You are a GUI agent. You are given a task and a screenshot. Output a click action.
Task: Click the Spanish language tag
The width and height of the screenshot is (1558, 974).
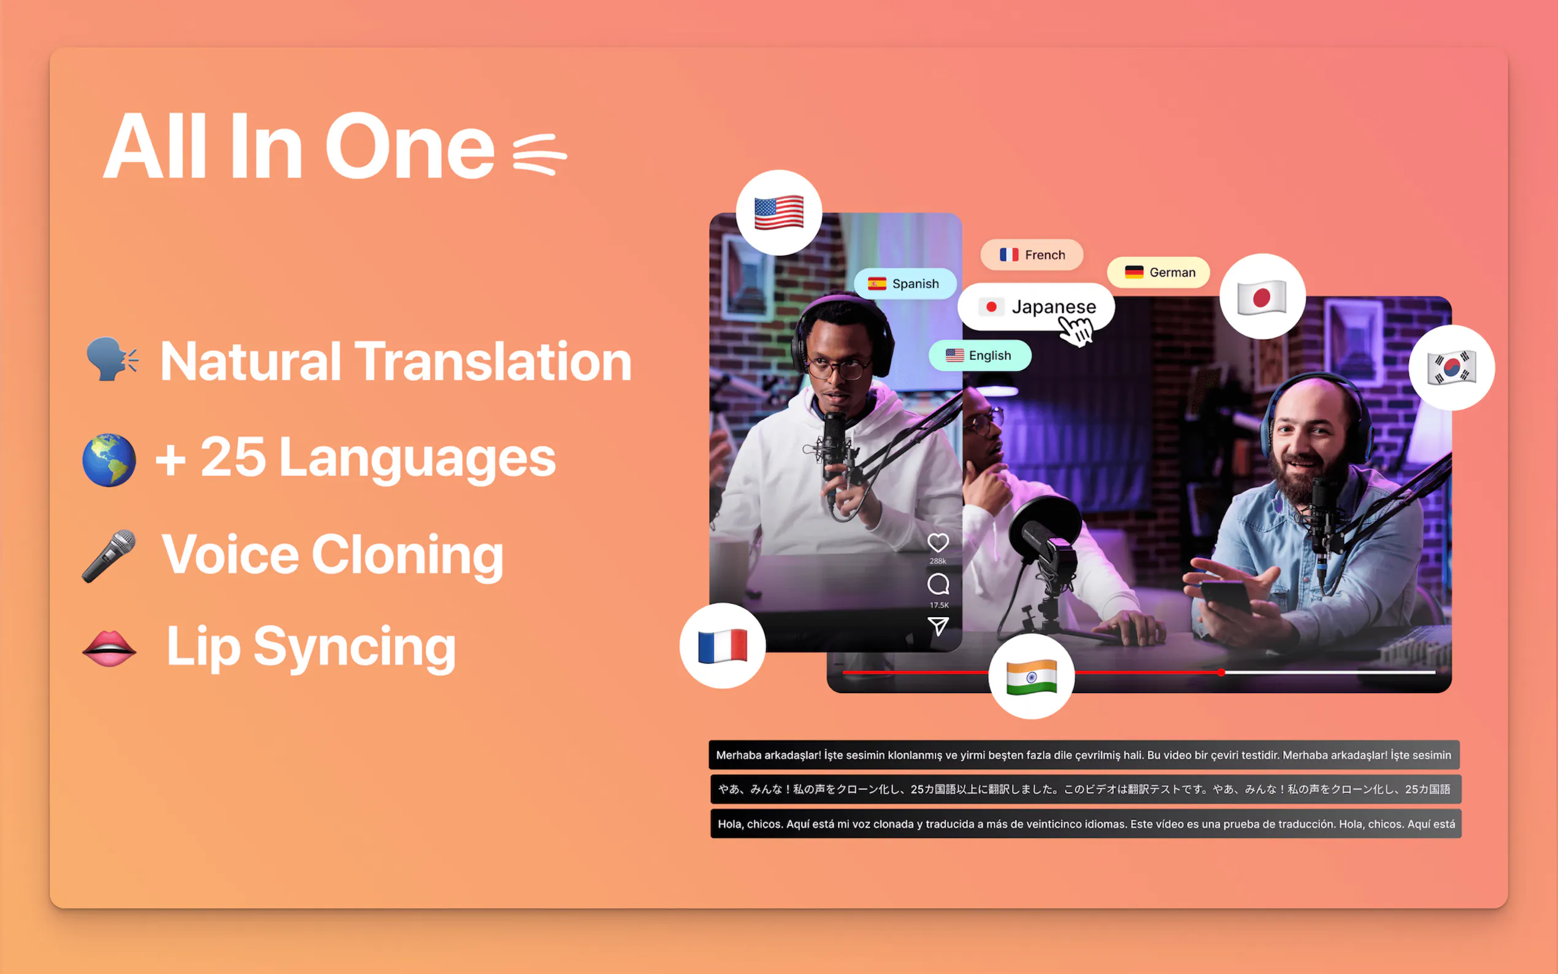[905, 283]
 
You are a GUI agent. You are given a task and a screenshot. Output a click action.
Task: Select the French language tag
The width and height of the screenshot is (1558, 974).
[1032, 255]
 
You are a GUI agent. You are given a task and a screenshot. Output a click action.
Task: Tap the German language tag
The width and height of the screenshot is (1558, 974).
[1159, 272]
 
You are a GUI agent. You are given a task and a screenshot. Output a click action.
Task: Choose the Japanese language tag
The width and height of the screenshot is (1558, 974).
[1036, 307]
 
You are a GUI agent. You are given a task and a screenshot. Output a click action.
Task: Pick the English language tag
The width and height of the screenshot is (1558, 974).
[980, 356]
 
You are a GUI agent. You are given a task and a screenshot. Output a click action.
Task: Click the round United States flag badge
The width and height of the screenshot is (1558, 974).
[778, 213]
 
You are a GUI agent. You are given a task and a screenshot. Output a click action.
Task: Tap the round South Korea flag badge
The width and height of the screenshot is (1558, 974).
[1452, 368]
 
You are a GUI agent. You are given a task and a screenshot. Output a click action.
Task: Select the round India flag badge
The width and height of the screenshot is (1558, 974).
[1031, 677]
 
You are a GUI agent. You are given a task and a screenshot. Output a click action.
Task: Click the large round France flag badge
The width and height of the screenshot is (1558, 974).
[723, 646]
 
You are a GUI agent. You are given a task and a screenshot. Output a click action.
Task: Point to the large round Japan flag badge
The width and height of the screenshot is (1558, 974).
[1262, 297]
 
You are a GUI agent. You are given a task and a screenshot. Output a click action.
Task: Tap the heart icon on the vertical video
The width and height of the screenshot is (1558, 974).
[938, 543]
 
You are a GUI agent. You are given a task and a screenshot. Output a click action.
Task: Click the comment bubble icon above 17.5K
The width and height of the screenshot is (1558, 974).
[938, 585]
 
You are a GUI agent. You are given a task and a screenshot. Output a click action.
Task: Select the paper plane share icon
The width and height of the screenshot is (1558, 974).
[938, 626]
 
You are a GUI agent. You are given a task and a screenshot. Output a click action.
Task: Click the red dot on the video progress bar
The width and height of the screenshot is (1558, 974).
[1221, 672]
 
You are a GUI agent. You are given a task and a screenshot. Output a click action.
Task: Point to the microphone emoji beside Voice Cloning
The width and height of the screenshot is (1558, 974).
[109, 556]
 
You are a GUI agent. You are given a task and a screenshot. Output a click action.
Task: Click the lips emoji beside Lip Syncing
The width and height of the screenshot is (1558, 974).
[109, 648]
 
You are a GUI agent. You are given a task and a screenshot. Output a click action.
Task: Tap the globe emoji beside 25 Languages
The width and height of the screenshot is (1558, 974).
[109, 460]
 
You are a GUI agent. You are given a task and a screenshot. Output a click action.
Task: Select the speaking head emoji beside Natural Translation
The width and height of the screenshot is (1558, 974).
[112, 359]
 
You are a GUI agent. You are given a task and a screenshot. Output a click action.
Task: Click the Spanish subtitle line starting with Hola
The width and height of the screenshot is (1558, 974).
[1086, 824]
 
